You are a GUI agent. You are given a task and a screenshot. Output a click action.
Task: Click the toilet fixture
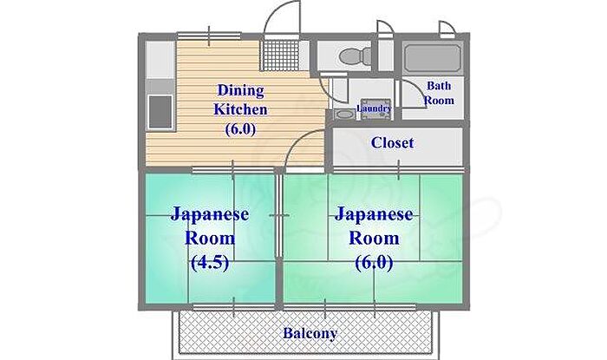[x=355, y=57]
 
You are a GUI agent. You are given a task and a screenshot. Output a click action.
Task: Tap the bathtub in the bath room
[x=433, y=58]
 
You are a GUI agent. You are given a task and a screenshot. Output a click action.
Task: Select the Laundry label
[x=374, y=108]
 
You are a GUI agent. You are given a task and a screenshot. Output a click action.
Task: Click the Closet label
[x=392, y=143]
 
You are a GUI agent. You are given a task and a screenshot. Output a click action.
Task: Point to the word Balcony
[x=310, y=333]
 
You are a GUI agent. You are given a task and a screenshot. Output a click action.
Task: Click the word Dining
[x=240, y=91]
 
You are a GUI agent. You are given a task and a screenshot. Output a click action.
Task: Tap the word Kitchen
[x=240, y=109]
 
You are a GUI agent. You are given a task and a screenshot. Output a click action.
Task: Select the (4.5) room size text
[x=210, y=263]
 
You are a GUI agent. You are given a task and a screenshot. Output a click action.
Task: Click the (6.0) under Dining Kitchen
[x=240, y=129]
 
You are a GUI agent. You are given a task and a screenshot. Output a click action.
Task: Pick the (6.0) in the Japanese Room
[x=374, y=263]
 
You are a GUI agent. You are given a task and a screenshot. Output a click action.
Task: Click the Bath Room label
[x=439, y=93]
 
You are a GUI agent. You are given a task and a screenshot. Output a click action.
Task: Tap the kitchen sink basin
[x=160, y=112]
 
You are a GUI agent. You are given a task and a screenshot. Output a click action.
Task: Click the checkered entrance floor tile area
[x=281, y=56]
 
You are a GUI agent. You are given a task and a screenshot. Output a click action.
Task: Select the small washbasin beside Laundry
[x=343, y=115]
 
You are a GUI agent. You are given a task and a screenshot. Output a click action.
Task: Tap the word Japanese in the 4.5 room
[x=210, y=215]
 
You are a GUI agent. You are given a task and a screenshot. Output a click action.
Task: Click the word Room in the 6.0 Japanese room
[x=374, y=238]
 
